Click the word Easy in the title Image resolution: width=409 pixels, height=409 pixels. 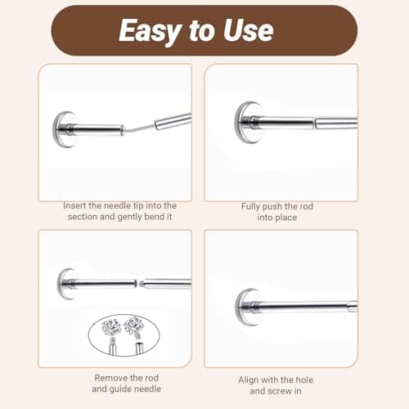tap(148, 31)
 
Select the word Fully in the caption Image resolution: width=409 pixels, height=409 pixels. tap(251, 207)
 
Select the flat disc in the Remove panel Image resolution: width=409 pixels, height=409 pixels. tap(65, 284)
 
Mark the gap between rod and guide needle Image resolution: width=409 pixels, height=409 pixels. tap(139, 285)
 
